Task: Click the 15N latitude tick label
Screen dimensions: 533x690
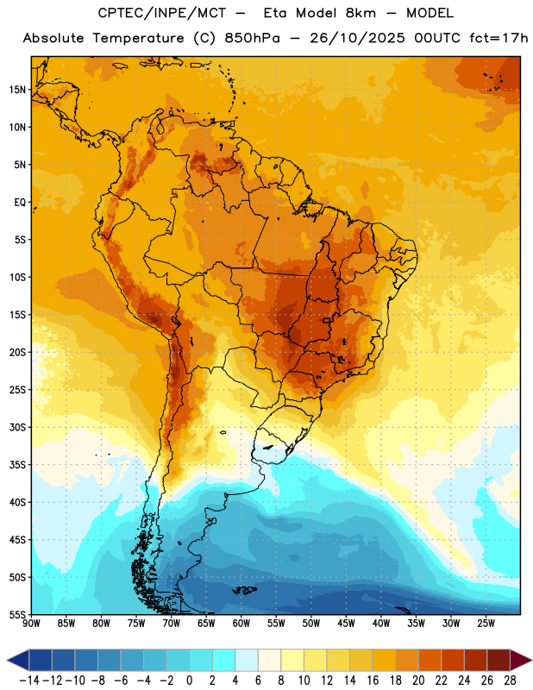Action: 17,90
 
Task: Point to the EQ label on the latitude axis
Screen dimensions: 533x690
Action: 20,203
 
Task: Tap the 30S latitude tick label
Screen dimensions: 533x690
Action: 17,427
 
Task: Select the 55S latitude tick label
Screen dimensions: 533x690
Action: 17,614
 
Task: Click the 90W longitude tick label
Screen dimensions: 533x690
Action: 31,624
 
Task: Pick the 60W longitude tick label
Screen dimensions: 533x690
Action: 241,624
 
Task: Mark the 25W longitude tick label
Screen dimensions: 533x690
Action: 486,624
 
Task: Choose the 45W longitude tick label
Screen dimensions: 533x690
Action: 346,624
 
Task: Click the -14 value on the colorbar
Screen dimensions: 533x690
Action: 29,681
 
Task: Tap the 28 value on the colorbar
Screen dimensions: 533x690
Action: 510,681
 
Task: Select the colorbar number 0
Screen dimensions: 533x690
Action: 190,681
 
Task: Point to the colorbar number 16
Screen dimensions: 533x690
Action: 373,681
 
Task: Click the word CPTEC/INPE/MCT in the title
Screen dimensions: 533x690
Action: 161,13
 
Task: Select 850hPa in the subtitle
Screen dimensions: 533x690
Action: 252,38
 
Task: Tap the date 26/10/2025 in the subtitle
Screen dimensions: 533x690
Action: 357,38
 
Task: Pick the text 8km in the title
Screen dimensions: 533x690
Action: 361,13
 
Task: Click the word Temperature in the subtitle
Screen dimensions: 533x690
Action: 138,38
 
